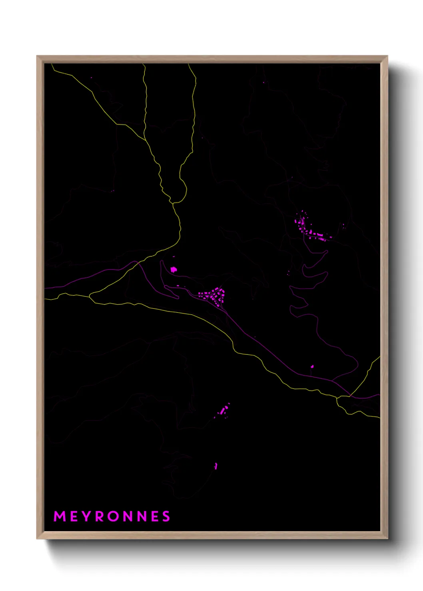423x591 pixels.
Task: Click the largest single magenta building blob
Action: click(174, 270)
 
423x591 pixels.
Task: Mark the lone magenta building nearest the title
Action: click(216, 466)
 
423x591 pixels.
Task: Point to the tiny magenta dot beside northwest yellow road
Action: click(92, 77)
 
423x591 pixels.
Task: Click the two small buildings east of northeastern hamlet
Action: click(343, 226)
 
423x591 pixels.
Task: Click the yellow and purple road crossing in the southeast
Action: click(350, 395)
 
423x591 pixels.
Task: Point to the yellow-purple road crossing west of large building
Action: click(137, 262)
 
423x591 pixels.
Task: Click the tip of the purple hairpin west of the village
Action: click(162, 262)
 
